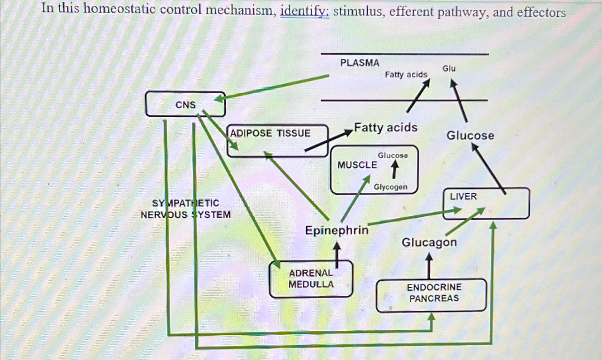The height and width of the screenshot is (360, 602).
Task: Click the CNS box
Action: tap(185, 104)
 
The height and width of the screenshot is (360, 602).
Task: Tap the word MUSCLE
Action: tap(357, 165)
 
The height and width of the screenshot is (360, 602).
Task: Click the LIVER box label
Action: tap(463, 196)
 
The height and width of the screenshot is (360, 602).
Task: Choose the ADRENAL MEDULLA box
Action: tap(311, 279)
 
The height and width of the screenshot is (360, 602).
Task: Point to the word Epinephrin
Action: tap(336, 230)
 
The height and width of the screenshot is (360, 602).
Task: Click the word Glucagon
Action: tap(429, 242)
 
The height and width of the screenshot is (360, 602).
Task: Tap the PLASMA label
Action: tap(359, 63)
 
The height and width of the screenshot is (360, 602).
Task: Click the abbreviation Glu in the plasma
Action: tap(449, 68)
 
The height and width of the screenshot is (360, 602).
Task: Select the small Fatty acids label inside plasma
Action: tap(406, 75)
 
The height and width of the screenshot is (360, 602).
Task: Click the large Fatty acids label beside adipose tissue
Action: tap(386, 128)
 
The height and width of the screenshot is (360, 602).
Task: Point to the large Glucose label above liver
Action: tap(470, 135)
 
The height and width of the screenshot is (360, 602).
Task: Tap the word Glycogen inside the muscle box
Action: tap(390, 187)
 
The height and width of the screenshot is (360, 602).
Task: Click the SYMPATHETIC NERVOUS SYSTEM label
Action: tap(186, 209)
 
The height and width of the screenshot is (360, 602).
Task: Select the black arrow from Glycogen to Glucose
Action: tap(394, 169)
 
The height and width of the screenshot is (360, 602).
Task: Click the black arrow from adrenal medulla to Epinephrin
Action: tap(337, 255)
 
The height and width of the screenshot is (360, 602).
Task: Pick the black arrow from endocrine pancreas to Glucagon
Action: tap(429, 266)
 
